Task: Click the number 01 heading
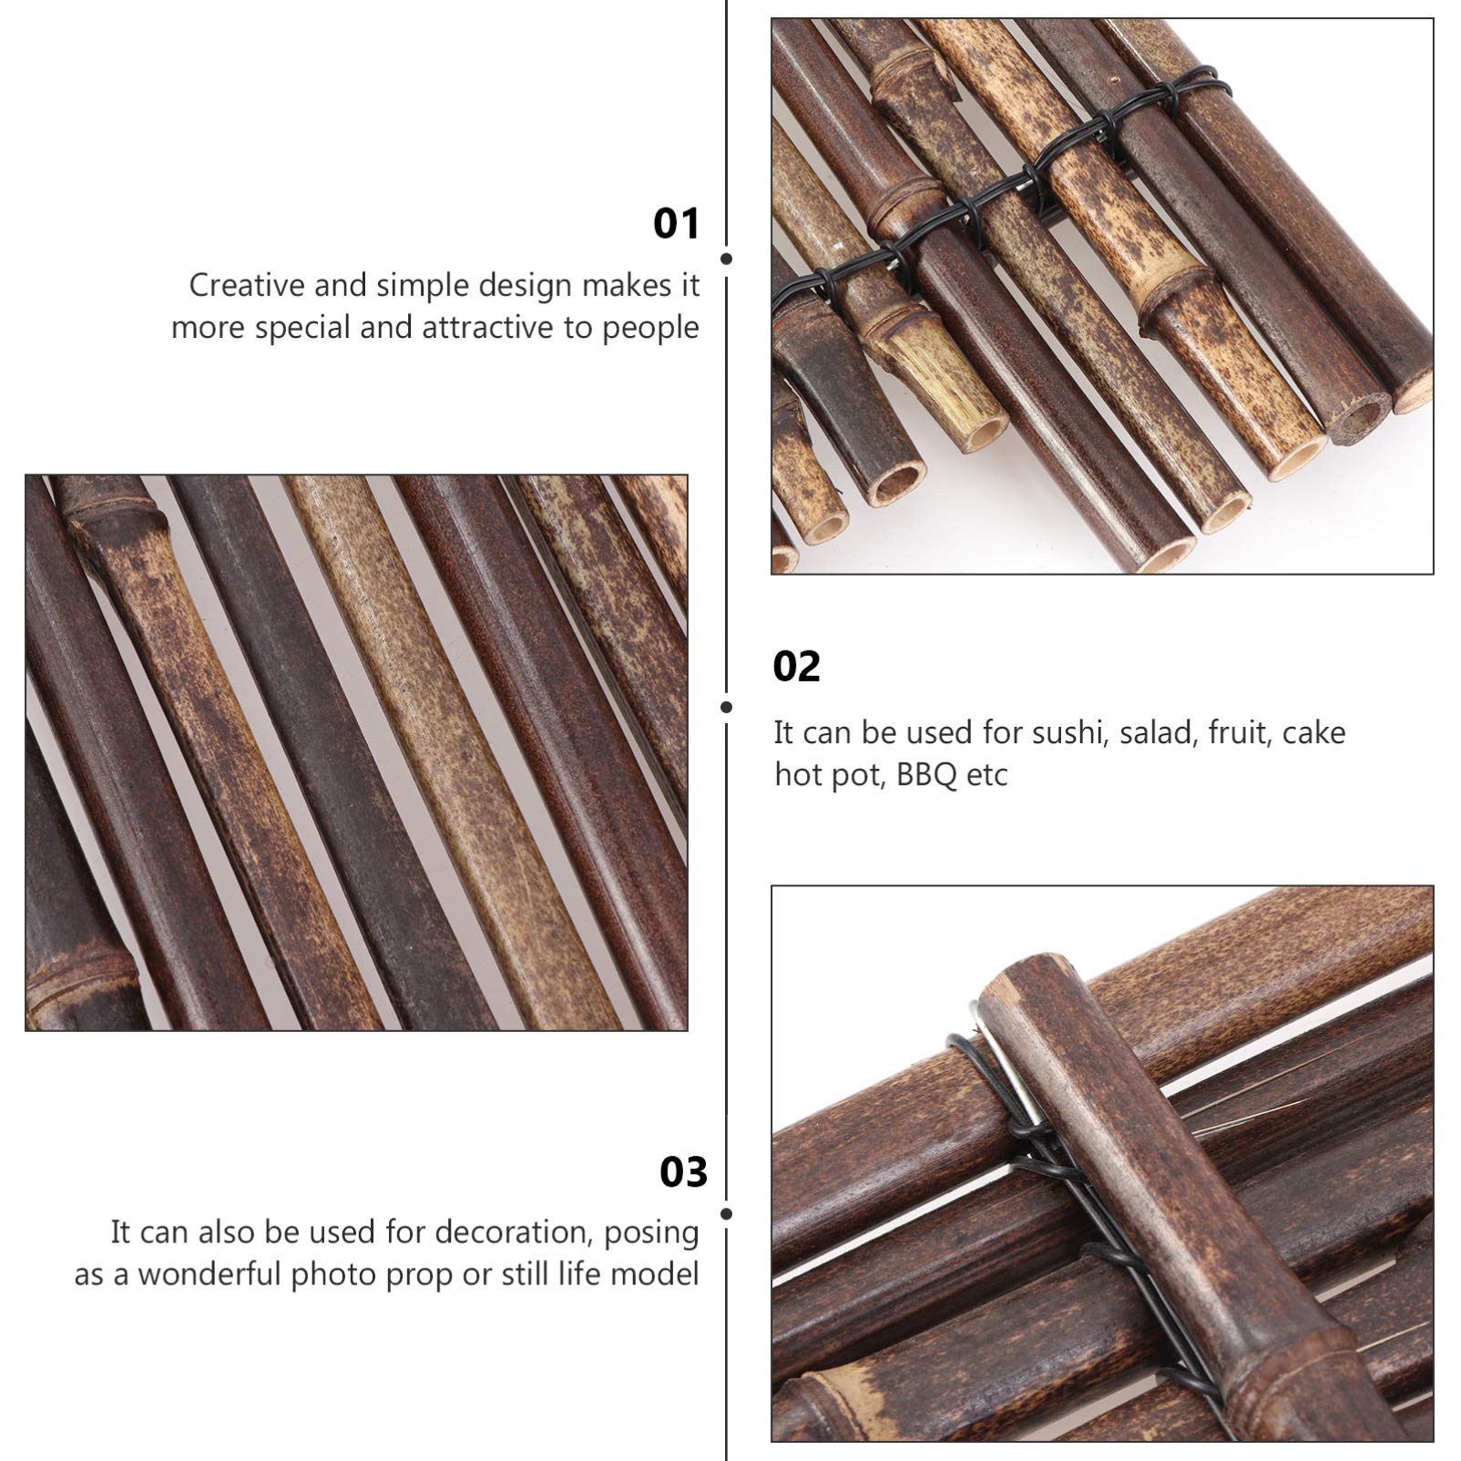(676, 224)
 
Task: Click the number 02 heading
(796, 667)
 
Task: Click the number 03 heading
(683, 1172)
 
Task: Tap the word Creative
(246, 285)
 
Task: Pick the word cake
(1313, 732)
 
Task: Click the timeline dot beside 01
(726, 259)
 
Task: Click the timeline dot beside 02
(726, 707)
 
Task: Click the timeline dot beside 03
(726, 1214)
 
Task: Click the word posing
(651, 1231)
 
